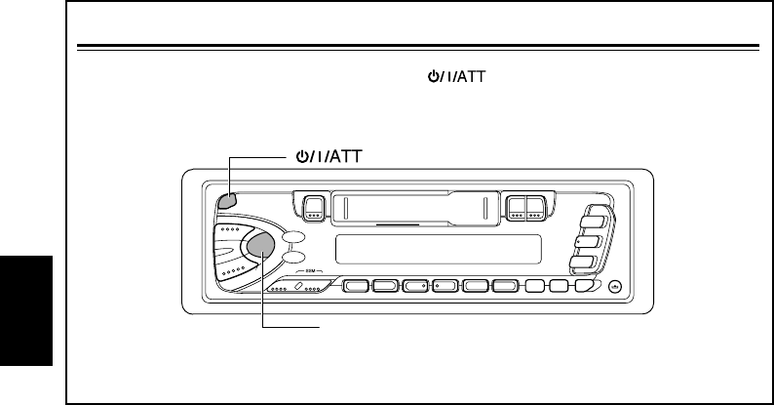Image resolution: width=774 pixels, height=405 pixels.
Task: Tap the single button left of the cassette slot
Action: (313, 207)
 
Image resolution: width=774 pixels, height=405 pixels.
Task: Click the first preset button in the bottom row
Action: (358, 287)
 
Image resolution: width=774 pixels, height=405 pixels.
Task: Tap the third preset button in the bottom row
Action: (417, 287)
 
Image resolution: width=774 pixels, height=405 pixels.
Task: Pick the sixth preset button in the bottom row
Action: (505, 287)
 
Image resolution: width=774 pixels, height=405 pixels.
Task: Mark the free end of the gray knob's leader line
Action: (320, 327)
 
